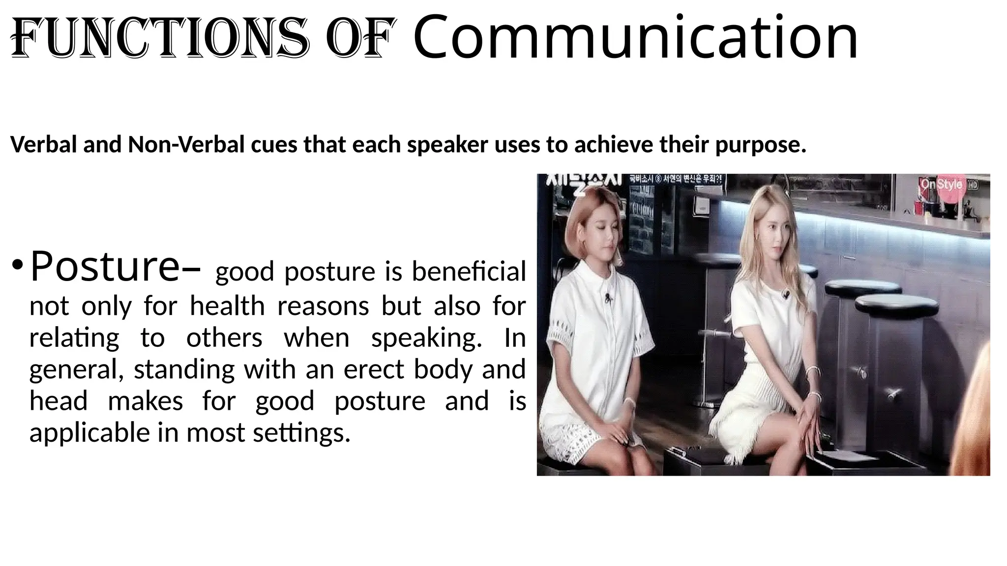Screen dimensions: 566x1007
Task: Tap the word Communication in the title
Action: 635,37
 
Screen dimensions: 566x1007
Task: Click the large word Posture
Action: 104,267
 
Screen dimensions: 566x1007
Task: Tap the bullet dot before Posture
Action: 18,267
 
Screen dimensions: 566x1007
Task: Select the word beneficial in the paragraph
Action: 469,272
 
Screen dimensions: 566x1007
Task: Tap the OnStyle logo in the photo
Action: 941,185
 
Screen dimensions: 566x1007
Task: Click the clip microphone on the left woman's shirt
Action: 608,297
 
